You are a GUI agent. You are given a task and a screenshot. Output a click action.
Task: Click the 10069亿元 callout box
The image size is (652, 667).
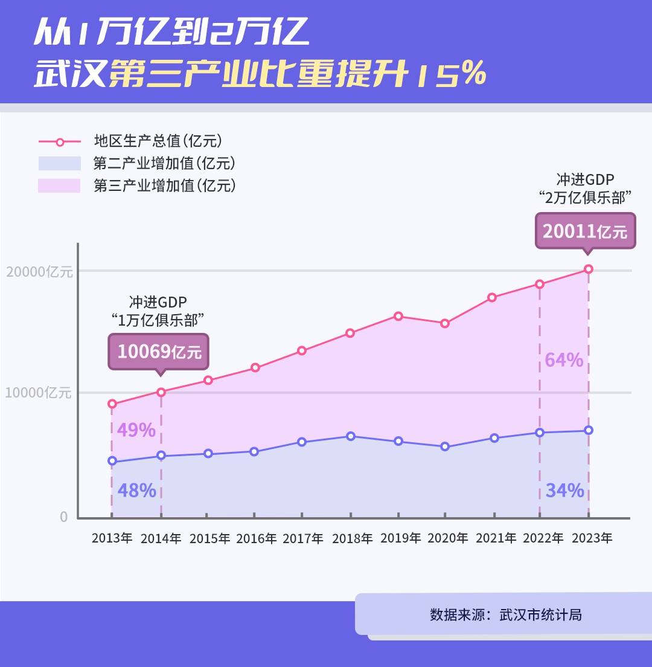(158, 352)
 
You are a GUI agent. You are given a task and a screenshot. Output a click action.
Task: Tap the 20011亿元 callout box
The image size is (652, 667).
(585, 231)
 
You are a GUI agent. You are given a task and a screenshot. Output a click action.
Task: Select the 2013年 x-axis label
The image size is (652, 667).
(112, 538)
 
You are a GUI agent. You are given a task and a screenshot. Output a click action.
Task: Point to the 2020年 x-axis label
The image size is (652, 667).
(447, 538)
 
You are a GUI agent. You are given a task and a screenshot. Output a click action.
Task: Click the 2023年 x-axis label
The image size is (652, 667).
(592, 538)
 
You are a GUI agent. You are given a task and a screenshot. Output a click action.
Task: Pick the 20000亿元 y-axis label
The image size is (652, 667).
(39, 272)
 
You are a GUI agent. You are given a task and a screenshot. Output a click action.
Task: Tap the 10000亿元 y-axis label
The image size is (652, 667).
(39, 393)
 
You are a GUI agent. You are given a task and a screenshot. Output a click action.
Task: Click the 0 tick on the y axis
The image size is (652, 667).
(64, 517)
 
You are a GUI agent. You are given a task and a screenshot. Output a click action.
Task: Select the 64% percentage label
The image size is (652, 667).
(564, 360)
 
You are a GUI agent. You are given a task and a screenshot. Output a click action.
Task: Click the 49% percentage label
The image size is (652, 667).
(136, 430)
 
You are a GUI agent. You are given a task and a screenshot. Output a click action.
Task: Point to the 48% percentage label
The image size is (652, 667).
(136, 491)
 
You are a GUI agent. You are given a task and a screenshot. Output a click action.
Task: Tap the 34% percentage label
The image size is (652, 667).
(564, 491)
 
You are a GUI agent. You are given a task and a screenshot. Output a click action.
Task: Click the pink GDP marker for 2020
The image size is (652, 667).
(445, 323)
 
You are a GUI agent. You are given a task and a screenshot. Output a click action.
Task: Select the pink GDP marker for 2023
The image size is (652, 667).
(589, 269)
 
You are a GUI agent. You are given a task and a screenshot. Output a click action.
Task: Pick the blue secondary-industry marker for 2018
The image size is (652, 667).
(351, 436)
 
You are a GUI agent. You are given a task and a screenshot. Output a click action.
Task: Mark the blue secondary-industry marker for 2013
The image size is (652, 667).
(112, 462)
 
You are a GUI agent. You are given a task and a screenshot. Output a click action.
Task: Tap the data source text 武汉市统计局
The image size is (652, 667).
(541, 615)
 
